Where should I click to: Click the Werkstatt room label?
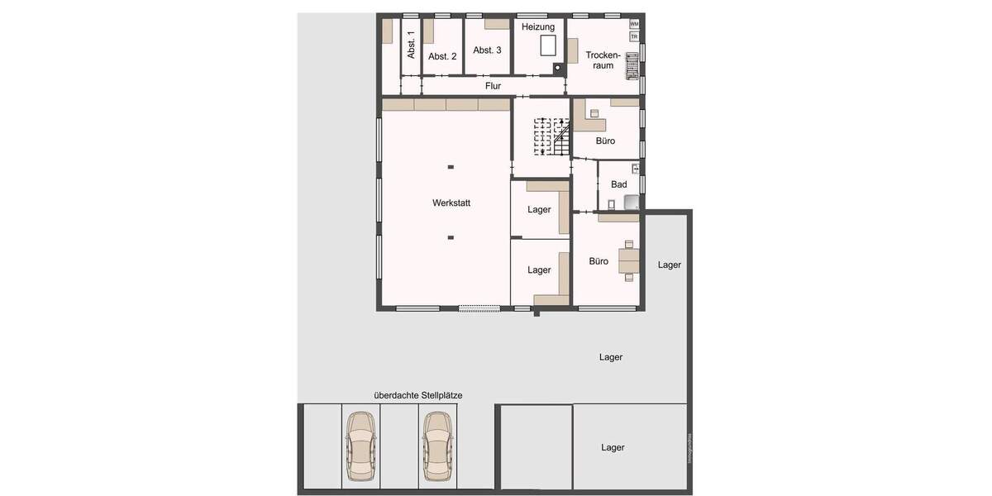click(x=451, y=203)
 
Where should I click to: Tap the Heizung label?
click(x=538, y=27)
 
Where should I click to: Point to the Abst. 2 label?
click(x=442, y=56)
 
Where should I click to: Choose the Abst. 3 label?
click(x=487, y=50)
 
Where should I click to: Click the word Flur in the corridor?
click(x=493, y=85)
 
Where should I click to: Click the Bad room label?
click(x=618, y=184)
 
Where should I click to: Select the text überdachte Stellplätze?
click(x=417, y=395)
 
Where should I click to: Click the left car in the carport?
click(x=360, y=447)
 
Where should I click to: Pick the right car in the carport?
click(x=437, y=447)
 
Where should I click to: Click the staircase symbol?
click(x=551, y=136)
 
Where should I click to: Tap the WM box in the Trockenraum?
click(x=634, y=24)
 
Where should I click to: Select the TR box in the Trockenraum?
click(x=634, y=36)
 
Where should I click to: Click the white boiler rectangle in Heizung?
click(x=547, y=45)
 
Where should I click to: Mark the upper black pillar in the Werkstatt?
click(x=451, y=168)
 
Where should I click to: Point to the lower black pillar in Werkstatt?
click(x=451, y=238)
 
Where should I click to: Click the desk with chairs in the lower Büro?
click(x=630, y=260)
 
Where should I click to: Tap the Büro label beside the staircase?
click(x=605, y=141)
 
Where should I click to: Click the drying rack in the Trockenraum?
click(x=632, y=64)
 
